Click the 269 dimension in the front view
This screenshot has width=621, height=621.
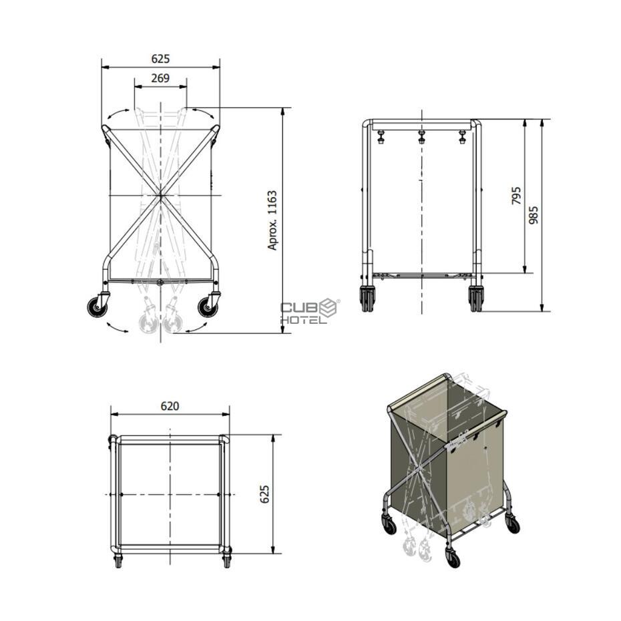click(160, 78)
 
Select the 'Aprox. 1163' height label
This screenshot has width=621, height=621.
click(272, 220)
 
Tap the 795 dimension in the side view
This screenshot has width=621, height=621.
click(516, 196)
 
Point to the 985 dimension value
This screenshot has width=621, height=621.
click(534, 215)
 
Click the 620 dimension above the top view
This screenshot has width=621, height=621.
click(170, 406)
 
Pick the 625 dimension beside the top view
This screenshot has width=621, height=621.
click(264, 494)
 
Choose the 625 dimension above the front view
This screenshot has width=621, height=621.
click(160, 59)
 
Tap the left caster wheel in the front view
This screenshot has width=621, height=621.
click(97, 307)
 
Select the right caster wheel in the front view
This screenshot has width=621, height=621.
click(208, 307)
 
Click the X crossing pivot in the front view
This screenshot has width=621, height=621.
click(160, 195)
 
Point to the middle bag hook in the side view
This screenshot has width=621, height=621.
click(421, 137)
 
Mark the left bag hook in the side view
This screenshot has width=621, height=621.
click(381, 137)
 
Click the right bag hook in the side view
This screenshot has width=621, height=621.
click(462, 137)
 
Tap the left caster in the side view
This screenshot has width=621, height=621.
click(367, 299)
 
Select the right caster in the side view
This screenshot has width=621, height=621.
click(475, 299)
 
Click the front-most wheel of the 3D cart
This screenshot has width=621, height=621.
click(453, 559)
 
